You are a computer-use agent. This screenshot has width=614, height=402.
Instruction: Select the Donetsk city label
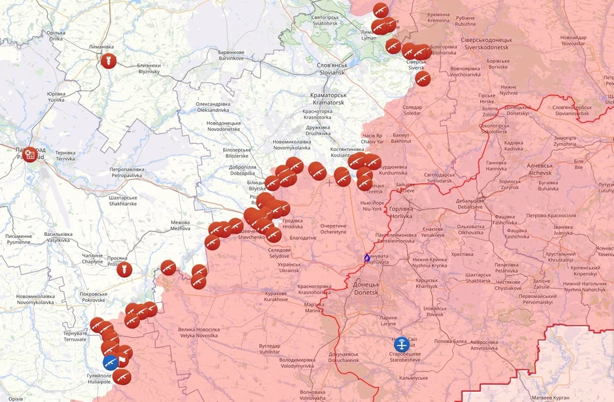(366, 288)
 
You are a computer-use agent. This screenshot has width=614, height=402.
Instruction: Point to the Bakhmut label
(401, 137)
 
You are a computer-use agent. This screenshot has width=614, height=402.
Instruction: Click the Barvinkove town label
(231, 56)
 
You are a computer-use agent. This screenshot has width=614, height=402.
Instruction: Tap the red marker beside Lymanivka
(108, 61)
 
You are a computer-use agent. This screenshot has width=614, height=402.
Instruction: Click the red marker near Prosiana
(124, 269)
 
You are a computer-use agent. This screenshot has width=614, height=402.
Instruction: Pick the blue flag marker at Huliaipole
(111, 363)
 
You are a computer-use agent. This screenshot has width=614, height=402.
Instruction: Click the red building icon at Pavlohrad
(31, 154)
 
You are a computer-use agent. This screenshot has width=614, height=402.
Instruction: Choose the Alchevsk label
(540, 169)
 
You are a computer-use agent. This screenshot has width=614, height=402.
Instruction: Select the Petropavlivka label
(136, 173)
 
